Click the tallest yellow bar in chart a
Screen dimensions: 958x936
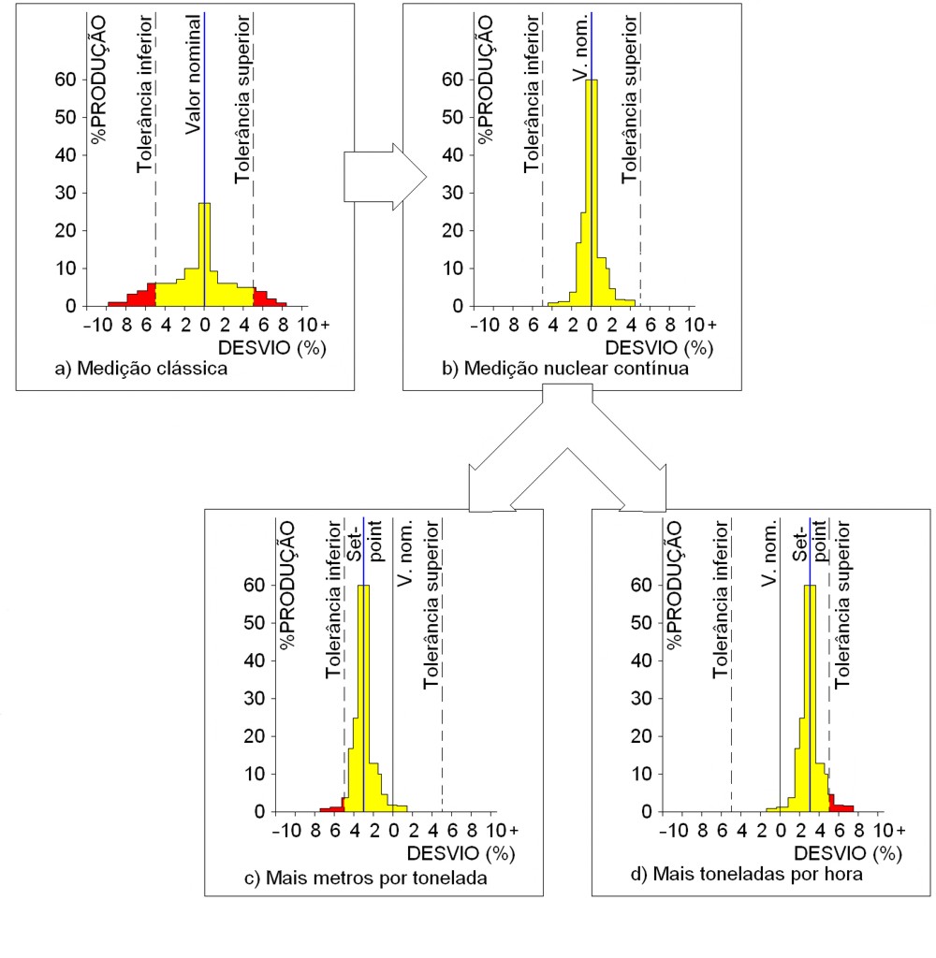[x=204, y=253]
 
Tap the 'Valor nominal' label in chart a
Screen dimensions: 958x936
[x=193, y=75]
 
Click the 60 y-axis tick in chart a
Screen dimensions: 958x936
[x=64, y=80]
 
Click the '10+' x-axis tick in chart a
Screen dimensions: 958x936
[x=312, y=326]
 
